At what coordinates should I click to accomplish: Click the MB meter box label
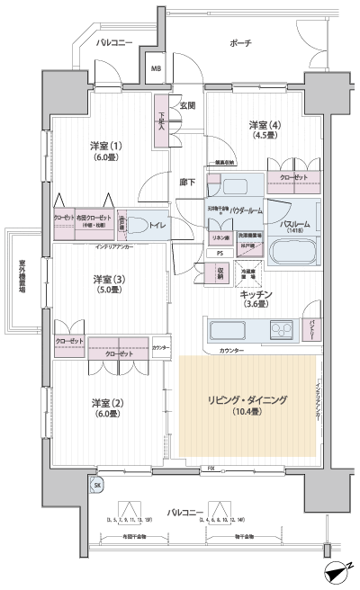156,68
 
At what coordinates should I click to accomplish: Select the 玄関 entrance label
187,105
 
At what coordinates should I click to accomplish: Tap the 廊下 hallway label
187,182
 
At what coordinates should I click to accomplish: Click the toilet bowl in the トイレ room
137,225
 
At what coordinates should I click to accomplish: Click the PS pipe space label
220,255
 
